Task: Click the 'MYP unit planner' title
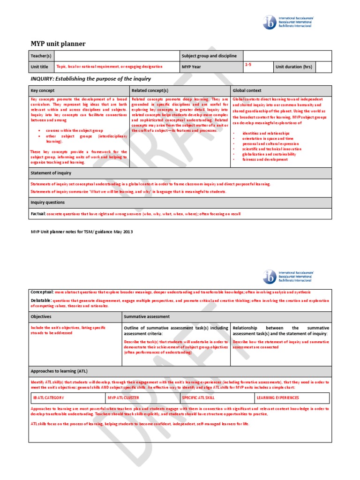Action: [58, 44]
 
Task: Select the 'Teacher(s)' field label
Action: [41, 56]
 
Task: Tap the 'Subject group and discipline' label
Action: [210, 56]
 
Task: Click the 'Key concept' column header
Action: [43, 90]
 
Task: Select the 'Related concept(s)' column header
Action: [150, 90]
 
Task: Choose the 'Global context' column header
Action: [247, 90]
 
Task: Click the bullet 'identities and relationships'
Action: [266, 133]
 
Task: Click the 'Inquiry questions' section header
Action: [48, 202]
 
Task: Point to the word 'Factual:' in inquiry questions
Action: [38, 214]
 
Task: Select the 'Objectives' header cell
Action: [41, 317]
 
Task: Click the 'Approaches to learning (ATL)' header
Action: [59, 371]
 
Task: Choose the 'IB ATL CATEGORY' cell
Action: [49, 398]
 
